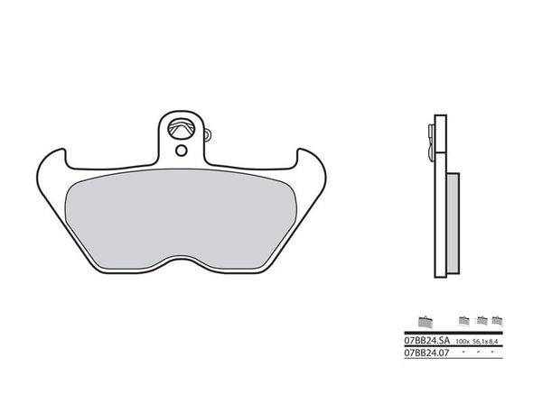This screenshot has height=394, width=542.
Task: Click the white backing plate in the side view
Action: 441,198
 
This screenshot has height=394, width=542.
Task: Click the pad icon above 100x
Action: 464,320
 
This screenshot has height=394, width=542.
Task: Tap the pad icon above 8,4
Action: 496,320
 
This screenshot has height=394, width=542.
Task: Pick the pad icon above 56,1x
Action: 481,320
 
